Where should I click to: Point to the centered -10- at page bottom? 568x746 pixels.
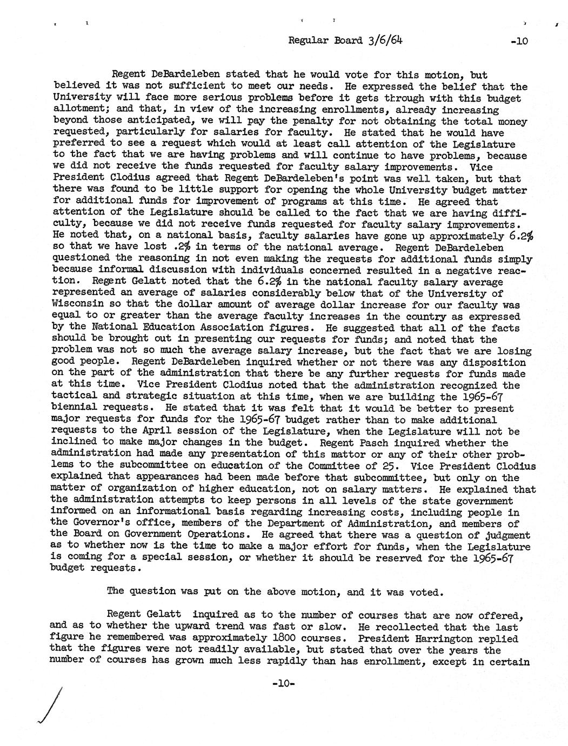pos(283,684)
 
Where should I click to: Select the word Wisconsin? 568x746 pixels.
pos(76,305)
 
